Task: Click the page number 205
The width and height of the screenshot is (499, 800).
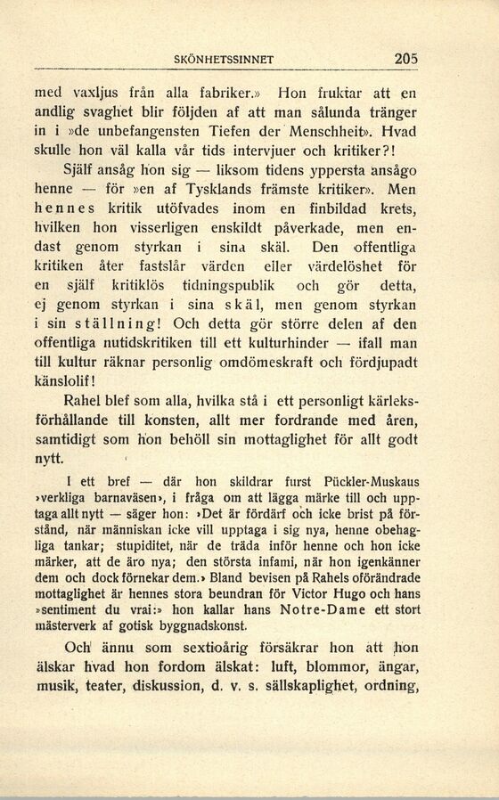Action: click(405, 59)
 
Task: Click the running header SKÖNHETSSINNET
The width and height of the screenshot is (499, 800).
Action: click(223, 61)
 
